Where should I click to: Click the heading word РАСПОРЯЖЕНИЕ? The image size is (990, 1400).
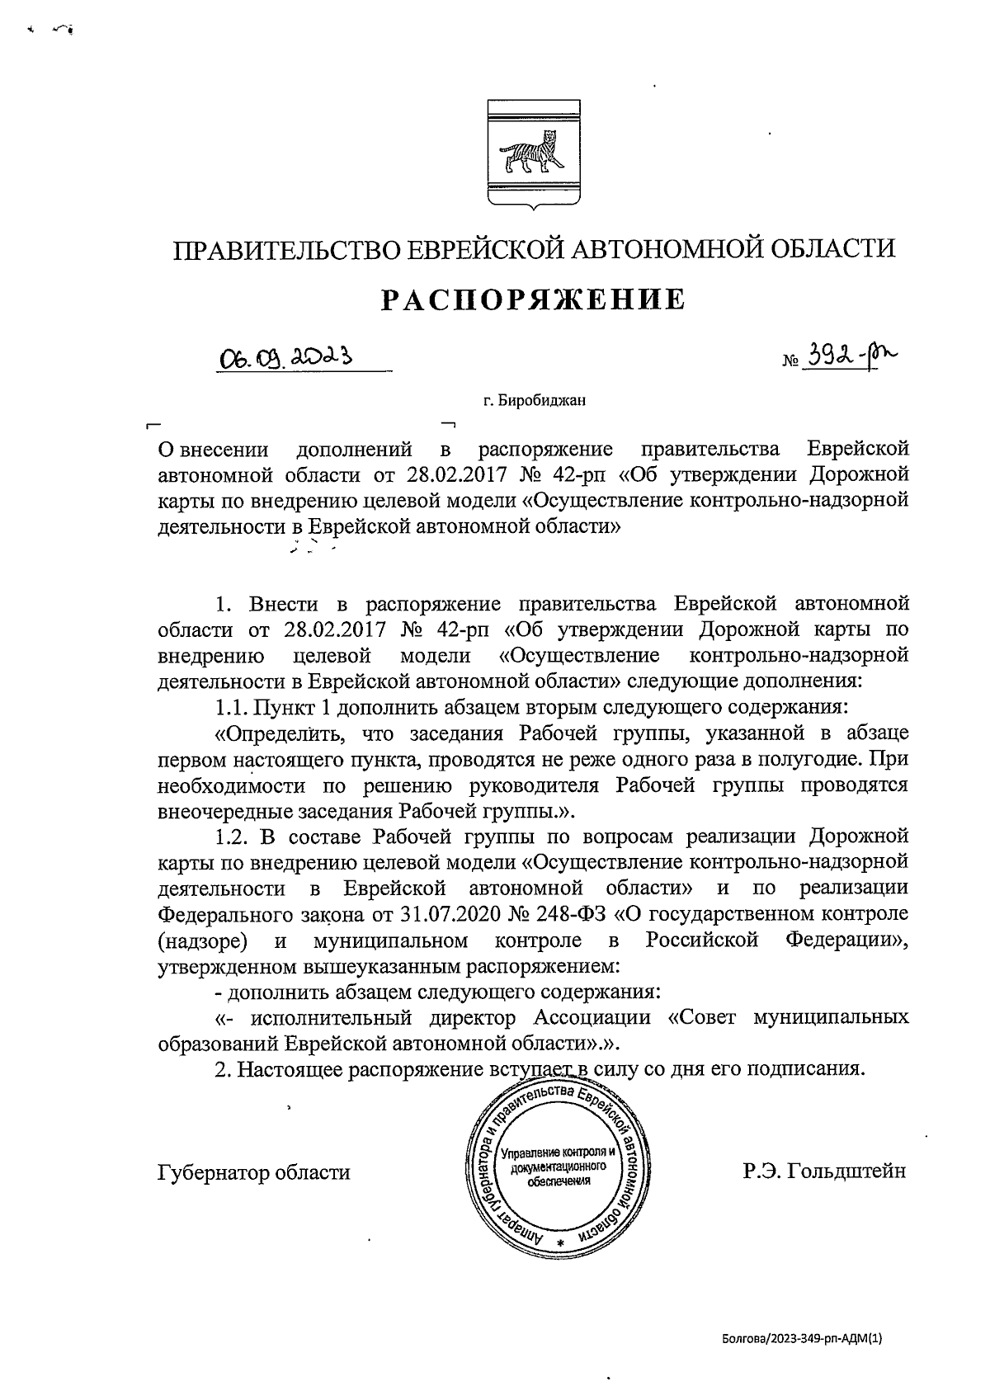[x=533, y=299]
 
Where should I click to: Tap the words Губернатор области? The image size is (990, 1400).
[x=253, y=1172]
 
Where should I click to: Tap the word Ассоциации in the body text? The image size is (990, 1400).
[x=592, y=1017]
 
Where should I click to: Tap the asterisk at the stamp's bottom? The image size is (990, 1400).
[x=559, y=1242]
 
